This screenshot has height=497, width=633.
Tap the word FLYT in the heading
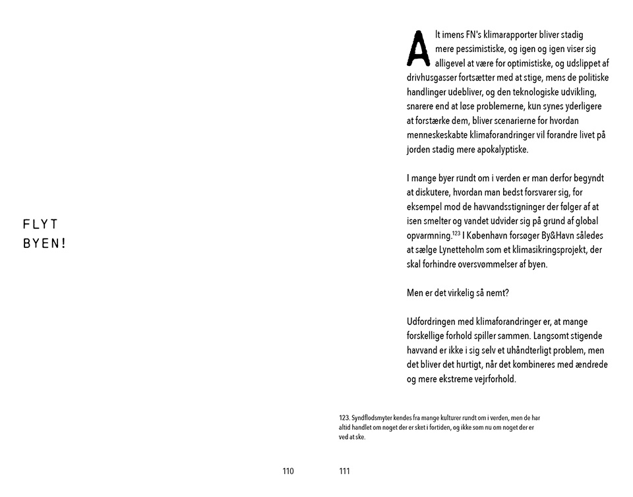41,224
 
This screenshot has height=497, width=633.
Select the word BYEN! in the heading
45,243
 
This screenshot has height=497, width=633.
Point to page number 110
287,471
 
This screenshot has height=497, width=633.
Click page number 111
344,471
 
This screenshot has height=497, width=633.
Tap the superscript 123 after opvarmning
456,233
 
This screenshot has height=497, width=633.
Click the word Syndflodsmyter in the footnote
373,418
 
